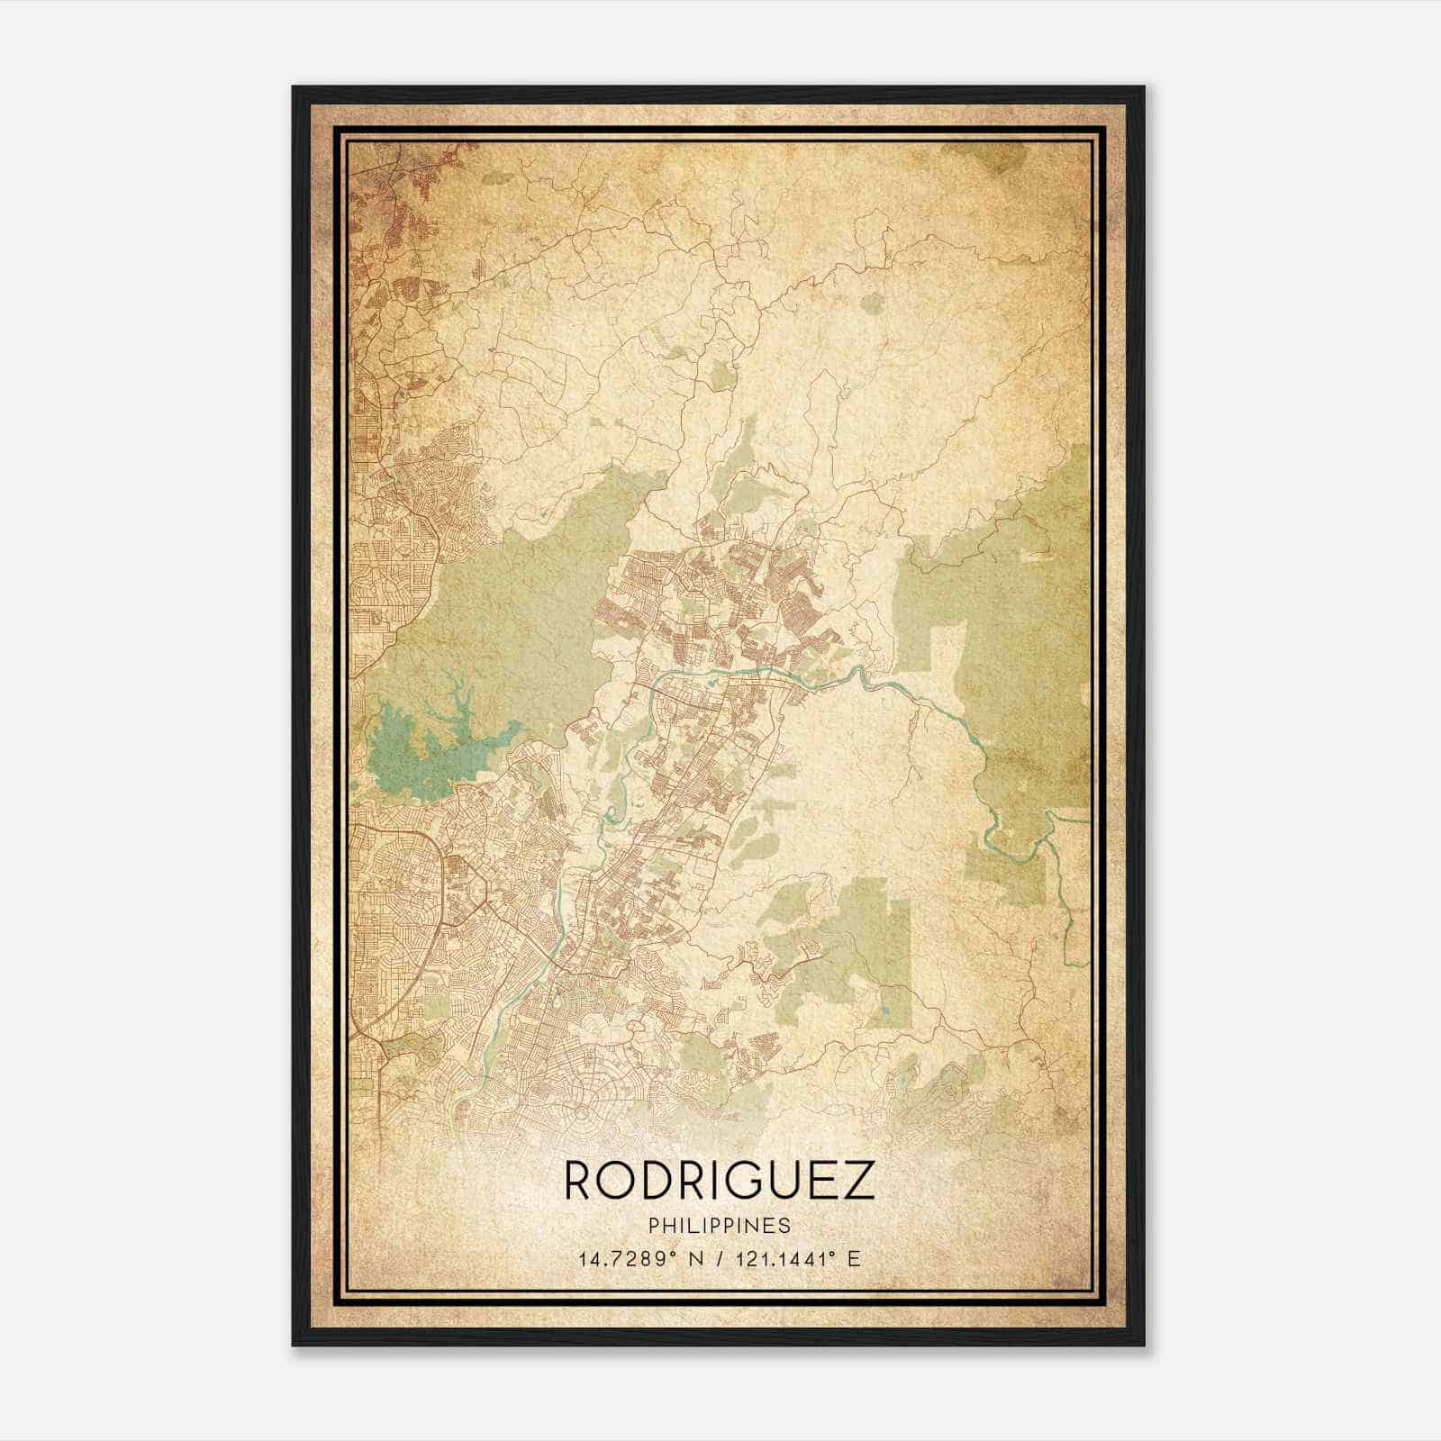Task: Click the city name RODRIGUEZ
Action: [719, 1181]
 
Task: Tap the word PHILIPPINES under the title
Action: [719, 1226]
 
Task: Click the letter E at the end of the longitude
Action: [854, 1258]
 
